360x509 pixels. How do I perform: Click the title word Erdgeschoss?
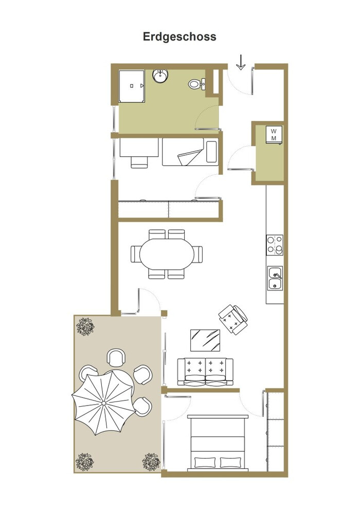pos(179,37)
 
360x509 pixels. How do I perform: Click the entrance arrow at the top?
pos(241,62)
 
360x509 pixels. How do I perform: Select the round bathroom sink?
pos(160,76)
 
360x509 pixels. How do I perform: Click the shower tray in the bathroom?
pos(132,86)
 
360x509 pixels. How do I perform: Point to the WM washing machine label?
pos(274,135)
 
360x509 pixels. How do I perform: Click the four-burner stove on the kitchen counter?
pos(275,245)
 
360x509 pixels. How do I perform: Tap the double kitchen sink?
pos(275,278)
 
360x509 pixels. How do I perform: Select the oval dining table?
pos(167,254)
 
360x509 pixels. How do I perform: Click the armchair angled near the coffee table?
pos(233,319)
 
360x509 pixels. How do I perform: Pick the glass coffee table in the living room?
pos(205,340)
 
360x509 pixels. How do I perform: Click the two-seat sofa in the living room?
pos(205,372)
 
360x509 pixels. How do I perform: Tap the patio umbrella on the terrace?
pos(103,403)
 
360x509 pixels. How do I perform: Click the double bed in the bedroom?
pos(218,443)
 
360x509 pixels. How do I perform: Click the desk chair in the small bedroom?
pos(139,162)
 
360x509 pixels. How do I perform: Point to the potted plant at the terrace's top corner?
pos(85,326)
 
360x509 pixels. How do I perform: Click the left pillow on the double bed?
pos(205,462)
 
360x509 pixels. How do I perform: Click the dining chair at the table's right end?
pos(198,254)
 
